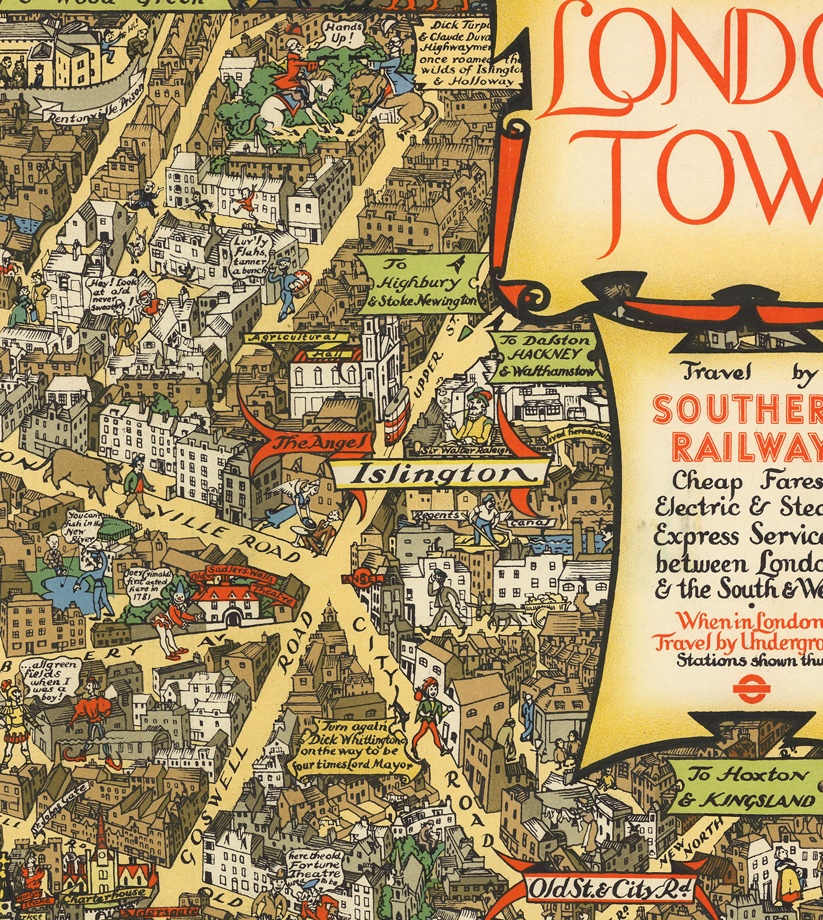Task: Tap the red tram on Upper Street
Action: pos(396,416)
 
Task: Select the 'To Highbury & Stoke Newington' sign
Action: pos(421,283)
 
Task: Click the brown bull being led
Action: pos(80,471)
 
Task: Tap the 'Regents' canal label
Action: pos(436,515)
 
